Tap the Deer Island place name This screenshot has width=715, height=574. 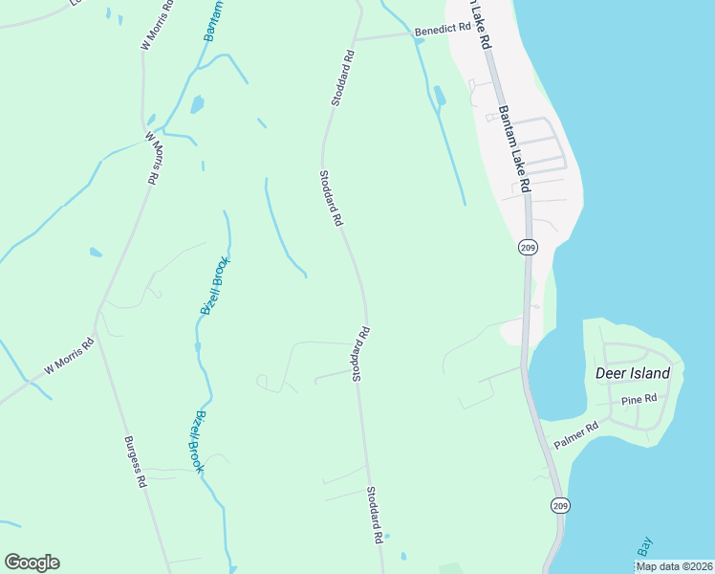tap(632, 373)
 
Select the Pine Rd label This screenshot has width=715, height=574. tap(639, 399)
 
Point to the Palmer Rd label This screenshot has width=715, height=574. tap(575, 436)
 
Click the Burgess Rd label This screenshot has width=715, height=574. tap(134, 463)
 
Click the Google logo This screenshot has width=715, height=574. tap(32, 563)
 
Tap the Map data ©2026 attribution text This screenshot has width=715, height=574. tap(674, 566)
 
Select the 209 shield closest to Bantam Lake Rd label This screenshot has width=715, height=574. tap(528, 248)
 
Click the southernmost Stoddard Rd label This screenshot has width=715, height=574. tap(374, 515)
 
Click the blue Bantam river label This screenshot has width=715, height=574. tap(214, 19)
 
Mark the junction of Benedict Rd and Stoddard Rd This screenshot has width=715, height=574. tap(354, 40)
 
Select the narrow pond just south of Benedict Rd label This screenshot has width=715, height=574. tap(438, 96)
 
